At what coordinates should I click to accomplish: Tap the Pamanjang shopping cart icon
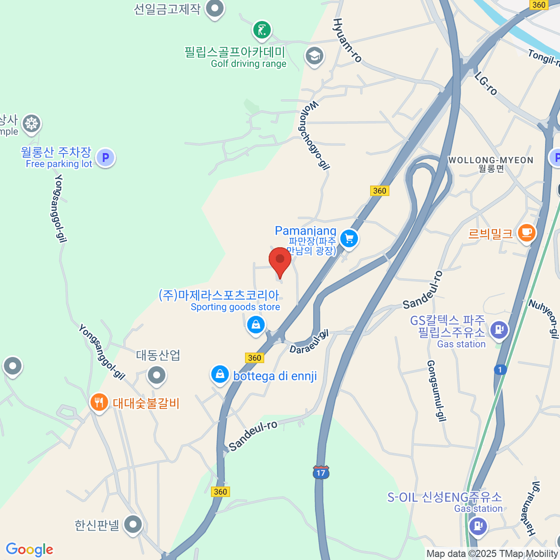(349, 238)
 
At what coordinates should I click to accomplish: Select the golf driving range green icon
(262, 30)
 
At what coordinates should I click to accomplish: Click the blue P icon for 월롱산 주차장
(105, 158)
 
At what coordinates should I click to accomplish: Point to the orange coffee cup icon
(526, 232)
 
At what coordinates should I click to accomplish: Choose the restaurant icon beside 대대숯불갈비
(99, 402)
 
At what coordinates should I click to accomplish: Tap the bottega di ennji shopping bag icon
(219, 374)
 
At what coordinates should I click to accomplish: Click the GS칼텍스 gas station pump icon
(499, 329)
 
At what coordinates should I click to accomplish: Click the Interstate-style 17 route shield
(321, 472)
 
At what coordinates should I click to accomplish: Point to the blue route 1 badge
(500, 370)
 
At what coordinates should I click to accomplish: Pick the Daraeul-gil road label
(309, 342)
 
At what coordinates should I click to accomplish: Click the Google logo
(29, 550)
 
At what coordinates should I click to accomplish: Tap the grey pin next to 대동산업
(156, 375)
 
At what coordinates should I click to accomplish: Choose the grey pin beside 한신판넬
(133, 524)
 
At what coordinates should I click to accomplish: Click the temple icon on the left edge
(32, 124)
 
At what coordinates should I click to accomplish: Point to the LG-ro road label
(486, 84)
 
